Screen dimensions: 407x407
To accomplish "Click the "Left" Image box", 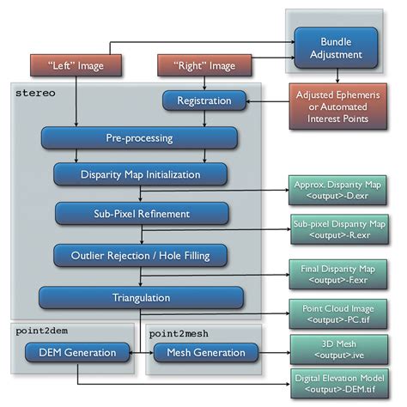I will click(x=76, y=65).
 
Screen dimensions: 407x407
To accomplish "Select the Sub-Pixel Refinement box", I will click(x=129, y=212).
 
